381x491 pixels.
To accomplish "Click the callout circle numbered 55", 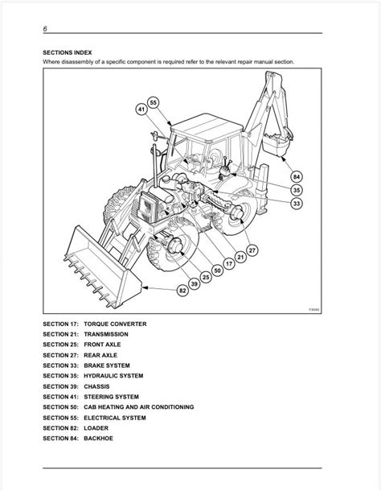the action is pos(153,102).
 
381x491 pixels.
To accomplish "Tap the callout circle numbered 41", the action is pos(141,109).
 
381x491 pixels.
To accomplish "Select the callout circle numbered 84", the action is pos(297,177).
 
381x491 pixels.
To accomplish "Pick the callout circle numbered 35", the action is pos(297,190).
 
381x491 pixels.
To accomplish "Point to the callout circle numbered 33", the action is pos(297,204).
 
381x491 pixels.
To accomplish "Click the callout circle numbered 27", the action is pos(252,250).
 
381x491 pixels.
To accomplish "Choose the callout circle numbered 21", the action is pos(240,258).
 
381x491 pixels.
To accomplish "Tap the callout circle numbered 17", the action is pos(229,264).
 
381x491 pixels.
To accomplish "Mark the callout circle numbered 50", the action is pos(217,270).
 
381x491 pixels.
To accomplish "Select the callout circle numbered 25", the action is pos(206,277).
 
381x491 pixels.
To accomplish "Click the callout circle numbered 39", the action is pos(195,284).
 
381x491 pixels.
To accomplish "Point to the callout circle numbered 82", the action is pos(182,291).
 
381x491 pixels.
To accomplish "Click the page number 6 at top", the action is pos(45,29).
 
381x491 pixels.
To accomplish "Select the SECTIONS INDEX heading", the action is pos(68,52).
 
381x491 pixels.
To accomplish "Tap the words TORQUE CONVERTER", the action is pos(115,324).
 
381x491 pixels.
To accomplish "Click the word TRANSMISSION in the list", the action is pos(106,334).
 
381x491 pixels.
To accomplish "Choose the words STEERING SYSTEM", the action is pos(112,397).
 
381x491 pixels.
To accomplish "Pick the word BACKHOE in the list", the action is pos(99,439).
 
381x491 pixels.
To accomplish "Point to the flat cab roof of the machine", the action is pos(207,127).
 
